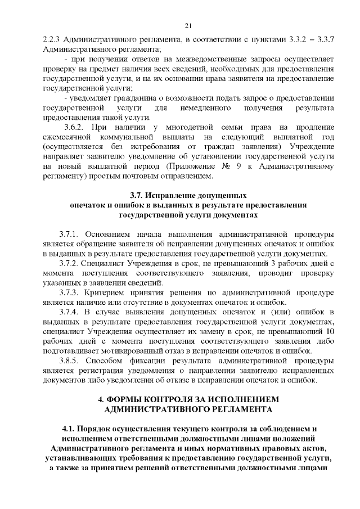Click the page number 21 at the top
(x=188, y=25)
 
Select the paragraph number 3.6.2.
(x=76, y=127)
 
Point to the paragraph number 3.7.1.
(x=70, y=233)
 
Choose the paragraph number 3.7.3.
(x=70, y=292)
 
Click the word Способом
(x=106, y=361)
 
